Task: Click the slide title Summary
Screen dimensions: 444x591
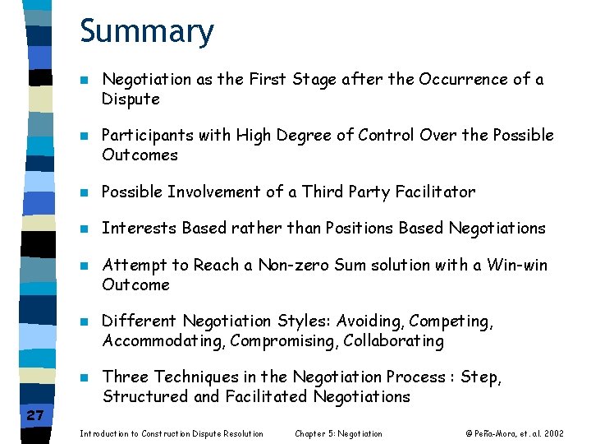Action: (147, 32)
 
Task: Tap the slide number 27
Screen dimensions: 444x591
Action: (34, 416)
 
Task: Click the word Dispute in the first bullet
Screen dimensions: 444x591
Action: (131, 99)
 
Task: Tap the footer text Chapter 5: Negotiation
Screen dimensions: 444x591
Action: (338, 433)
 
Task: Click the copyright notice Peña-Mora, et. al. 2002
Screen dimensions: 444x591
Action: (515, 433)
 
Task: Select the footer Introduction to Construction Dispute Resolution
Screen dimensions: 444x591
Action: (172, 433)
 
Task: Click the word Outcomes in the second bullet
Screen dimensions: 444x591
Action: (140, 155)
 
